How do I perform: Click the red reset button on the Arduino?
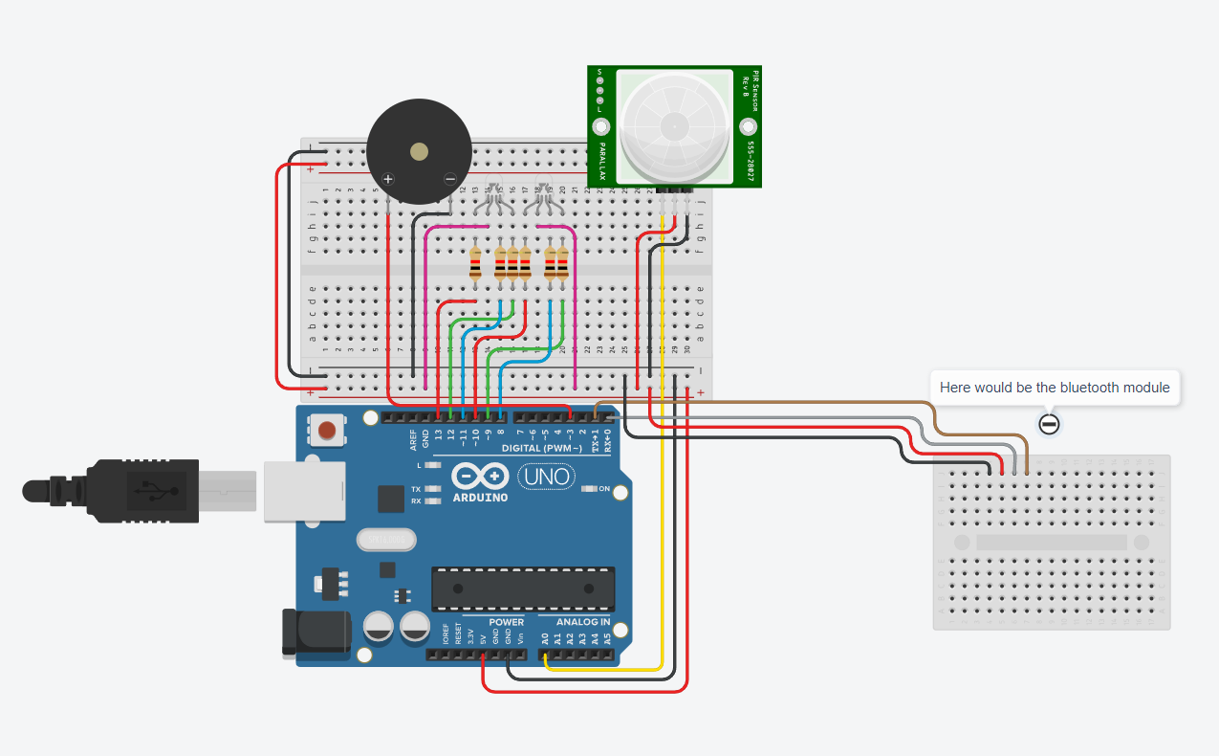click(x=328, y=430)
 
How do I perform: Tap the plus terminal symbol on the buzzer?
click(x=388, y=179)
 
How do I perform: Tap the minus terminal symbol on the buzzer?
click(x=450, y=179)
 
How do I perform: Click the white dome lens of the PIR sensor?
click(x=675, y=125)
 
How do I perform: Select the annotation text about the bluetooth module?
click(x=1054, y=388)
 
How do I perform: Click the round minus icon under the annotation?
click(x=1049, y=424)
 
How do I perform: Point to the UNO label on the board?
click(x=546, y=476)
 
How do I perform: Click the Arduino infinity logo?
click(x=480, y=477)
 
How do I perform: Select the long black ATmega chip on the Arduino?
click(x=522, y=589)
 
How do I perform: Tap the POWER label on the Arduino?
click(x=506, y=622)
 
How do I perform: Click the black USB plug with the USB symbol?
click(x=143, y=491)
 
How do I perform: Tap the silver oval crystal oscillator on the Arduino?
click(x=386, y=541)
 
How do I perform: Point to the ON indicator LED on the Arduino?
click(x=591, y=489)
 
